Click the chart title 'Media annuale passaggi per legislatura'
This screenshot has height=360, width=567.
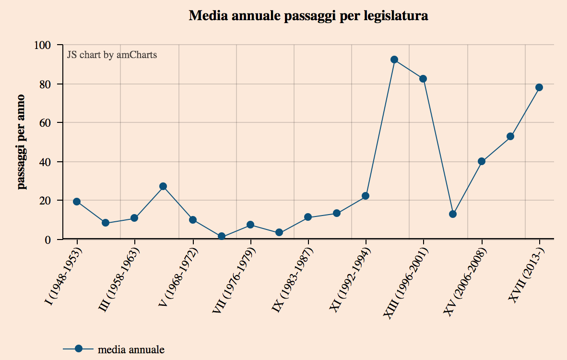[308, 16]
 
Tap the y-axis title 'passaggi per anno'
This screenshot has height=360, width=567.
[22, 142]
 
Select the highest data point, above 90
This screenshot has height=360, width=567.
[394, 60]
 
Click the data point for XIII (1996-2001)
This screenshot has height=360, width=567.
[423, 79]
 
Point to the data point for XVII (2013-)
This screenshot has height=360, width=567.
[539, 87]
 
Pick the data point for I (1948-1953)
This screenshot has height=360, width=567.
[77, 202]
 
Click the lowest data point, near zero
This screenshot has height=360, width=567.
[222, 236]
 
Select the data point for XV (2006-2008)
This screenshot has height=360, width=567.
[482, 161]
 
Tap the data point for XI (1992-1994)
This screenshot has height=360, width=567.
[366, 196]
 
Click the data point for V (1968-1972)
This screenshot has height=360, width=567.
[192, 220]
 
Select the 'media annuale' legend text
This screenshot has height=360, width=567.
[131, 349]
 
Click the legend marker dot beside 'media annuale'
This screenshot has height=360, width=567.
[79, 349]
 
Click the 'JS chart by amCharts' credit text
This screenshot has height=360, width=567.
[112, 55]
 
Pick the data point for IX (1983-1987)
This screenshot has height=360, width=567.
[308, 217]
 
